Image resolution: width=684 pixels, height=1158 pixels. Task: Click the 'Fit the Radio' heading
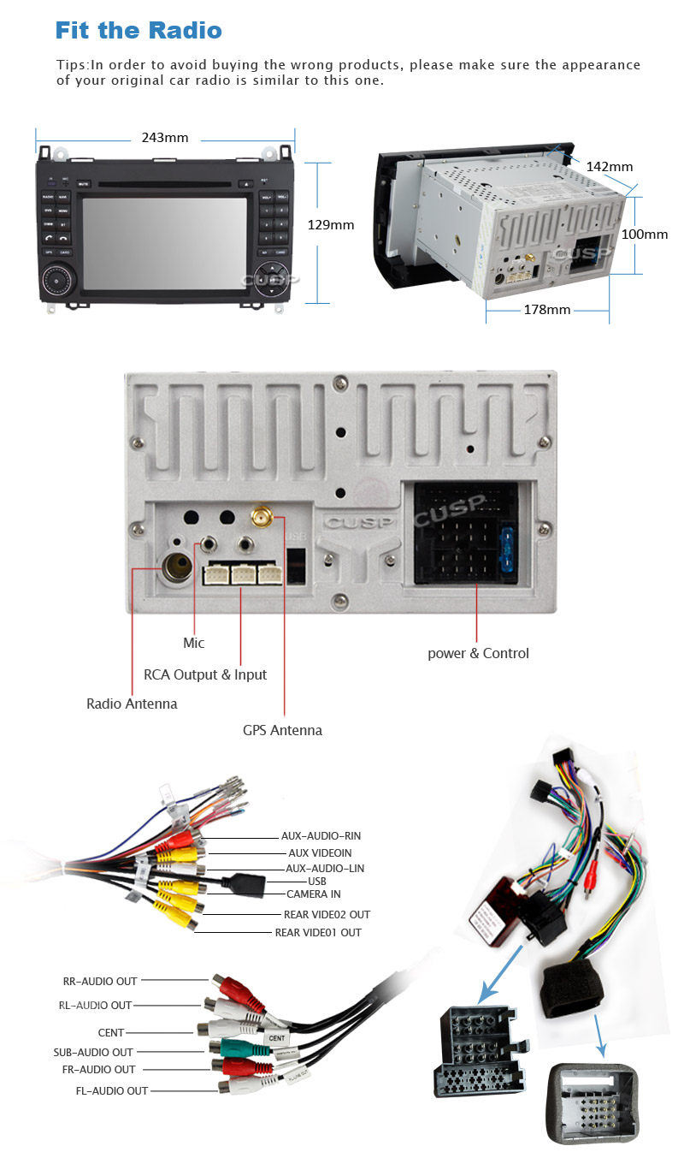[x=139, y=31]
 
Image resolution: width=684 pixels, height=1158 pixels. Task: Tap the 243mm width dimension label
[x=165, y=138]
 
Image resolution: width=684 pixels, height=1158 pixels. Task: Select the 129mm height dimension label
[x=330, y=225]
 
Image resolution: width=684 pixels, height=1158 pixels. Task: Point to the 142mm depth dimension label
[x=610, y=167]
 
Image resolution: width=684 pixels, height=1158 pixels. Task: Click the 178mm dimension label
[x=546, y=310]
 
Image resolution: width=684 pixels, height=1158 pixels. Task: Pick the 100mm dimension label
[x=645, y=234]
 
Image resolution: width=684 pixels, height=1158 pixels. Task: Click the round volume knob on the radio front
[x=57, y=279]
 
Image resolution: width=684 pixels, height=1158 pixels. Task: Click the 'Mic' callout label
[x=194, y=643]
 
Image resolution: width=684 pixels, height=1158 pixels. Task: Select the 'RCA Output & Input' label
[x=205, y=674]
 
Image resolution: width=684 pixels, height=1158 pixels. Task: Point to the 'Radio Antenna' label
[x=132, y=704]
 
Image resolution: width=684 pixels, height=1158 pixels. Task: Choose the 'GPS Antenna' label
[x=282, y=730]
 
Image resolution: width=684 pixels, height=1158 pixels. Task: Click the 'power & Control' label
[x=478, y=653]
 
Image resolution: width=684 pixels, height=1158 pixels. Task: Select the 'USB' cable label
[x=317, y=881]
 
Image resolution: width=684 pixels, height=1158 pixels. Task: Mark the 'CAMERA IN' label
[x=313, y=894]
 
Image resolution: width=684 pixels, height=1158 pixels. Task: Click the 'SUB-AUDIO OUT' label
[x=93, y=1052]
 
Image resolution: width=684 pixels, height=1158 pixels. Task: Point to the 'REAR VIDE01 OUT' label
[x=317, y=932]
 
